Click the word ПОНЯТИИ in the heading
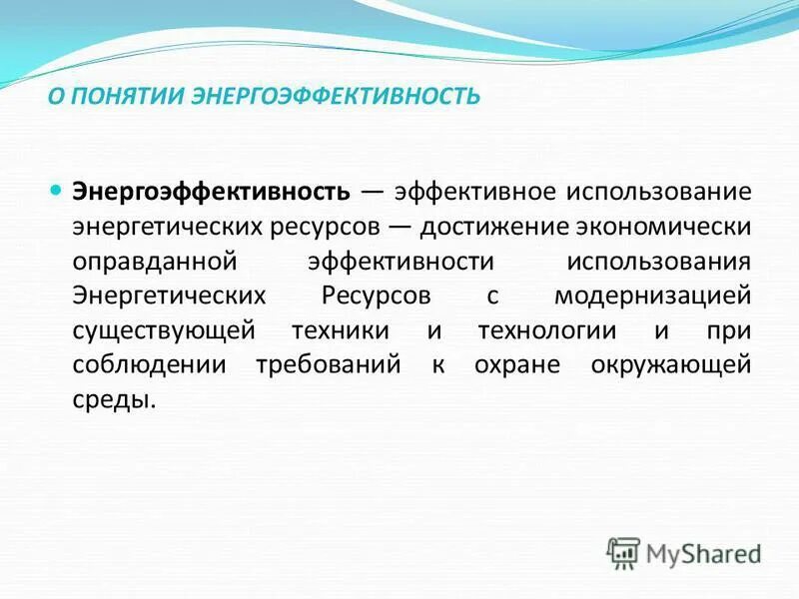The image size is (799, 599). pyautogui.click(x=123, y=97)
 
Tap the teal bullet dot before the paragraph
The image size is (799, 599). pyautogui.click(x=56, y=189)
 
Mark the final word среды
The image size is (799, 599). pyautogui.click(x=114, y=400)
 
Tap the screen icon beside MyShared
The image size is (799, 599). pyautogui.click(x=623, y=552)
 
